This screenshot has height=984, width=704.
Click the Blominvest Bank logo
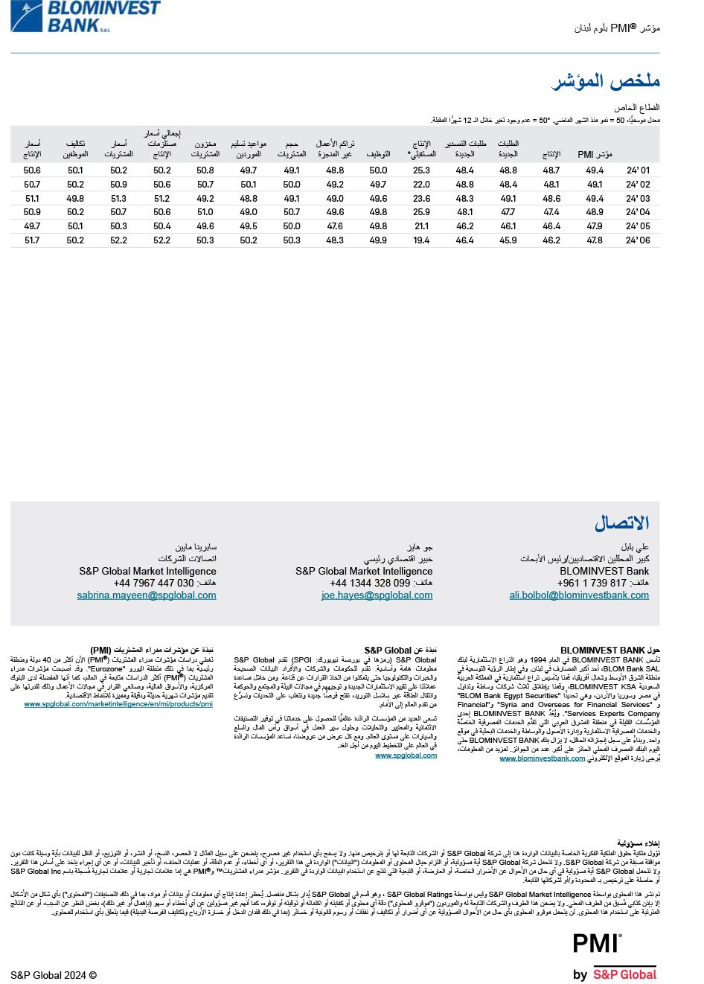tap(86, 16)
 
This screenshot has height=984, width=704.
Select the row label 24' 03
tap(638, 199)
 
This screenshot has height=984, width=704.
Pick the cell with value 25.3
tap(422, 170)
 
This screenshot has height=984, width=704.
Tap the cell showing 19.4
tap(422, 240)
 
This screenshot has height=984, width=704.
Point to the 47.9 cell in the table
tap(595, 226)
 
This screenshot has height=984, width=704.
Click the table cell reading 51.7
tap(32, 240)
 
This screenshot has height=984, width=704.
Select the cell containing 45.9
tap(508, 240)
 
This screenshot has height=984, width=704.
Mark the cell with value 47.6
tap(335, 226)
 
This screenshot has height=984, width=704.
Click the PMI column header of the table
tap(595, 154)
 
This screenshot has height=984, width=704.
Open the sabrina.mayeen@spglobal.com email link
tap(147, 595)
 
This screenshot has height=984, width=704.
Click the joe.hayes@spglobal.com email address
tap(377, 595)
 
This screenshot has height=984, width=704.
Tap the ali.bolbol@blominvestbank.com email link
tap(579, 595)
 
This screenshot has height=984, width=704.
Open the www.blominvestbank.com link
tap(542, 758)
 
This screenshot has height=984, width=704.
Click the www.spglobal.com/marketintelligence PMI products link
tap(118, 704)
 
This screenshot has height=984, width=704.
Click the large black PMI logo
tap(596, 943)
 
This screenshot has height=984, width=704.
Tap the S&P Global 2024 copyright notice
tap(54, 975)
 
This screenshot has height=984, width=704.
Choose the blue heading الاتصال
tap(621, 523)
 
